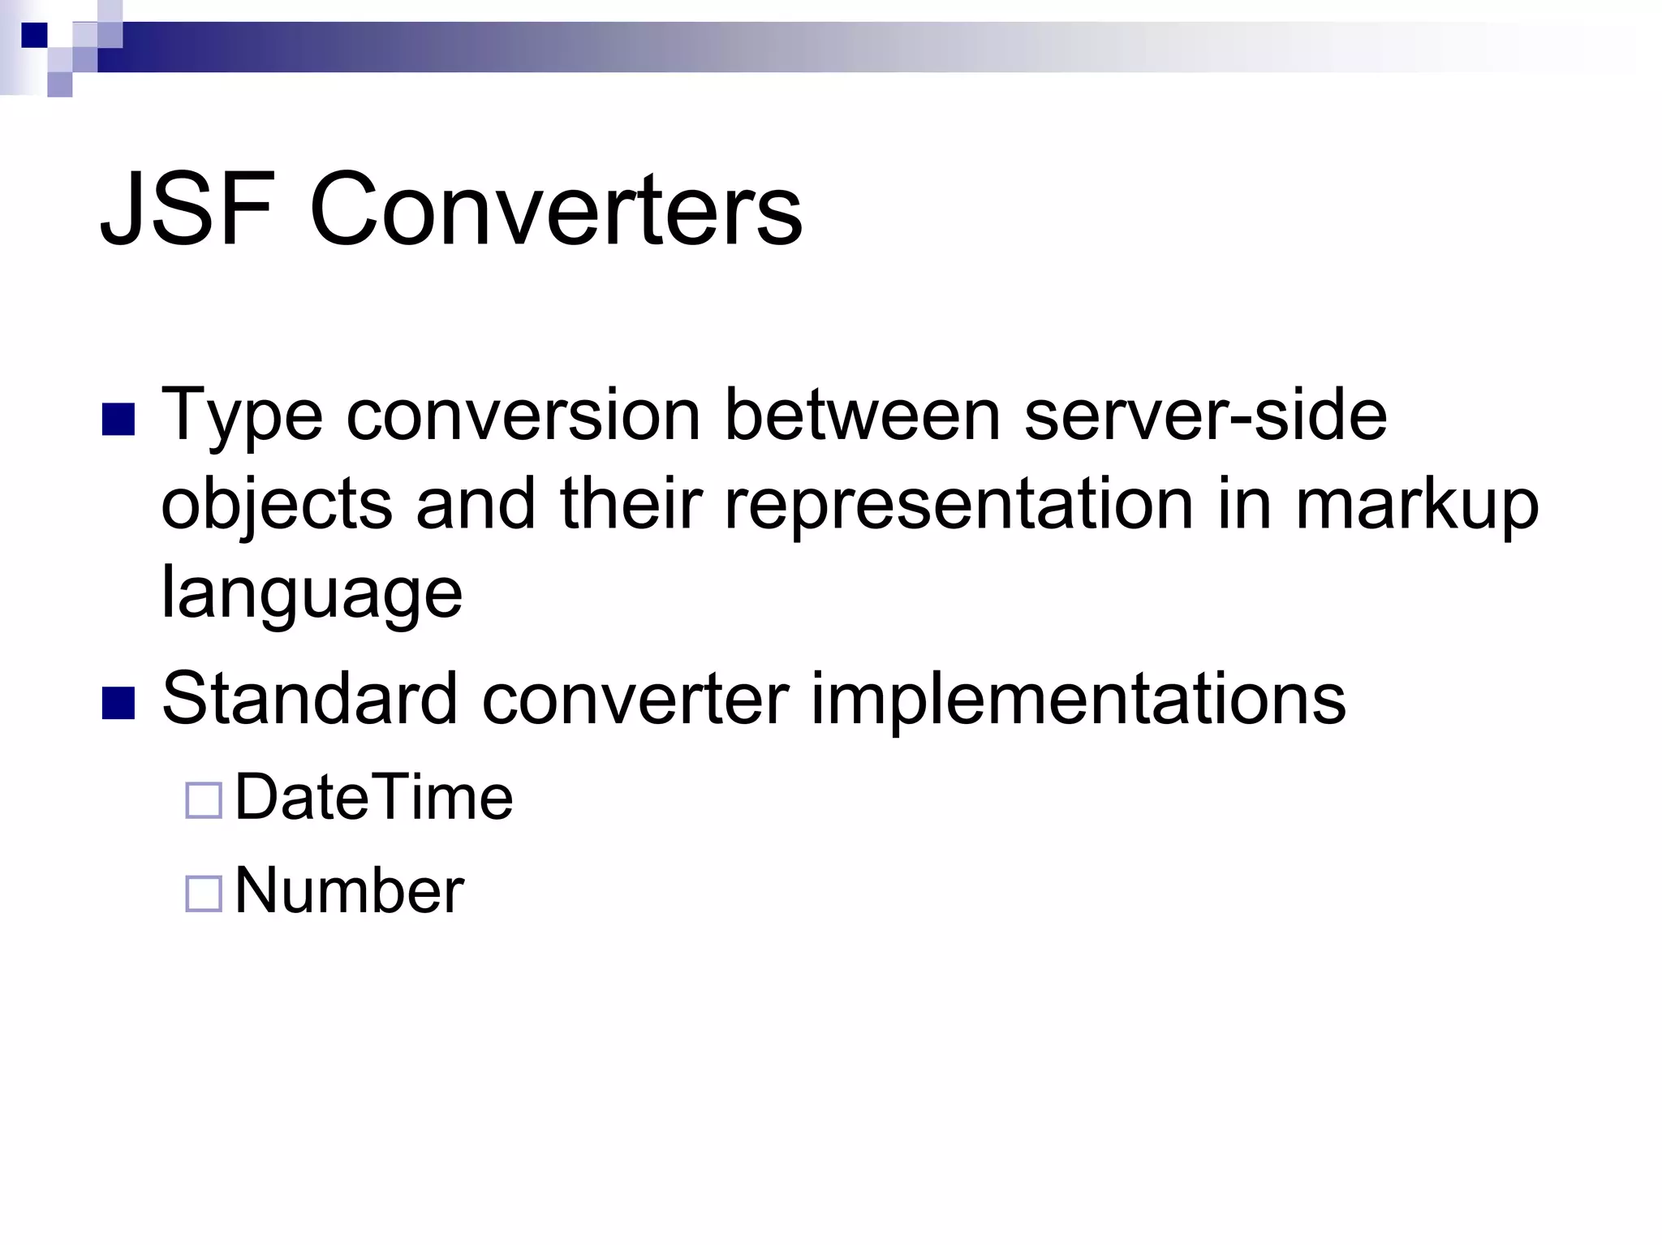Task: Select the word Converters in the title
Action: [556, 209]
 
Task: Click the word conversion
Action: [524, 416]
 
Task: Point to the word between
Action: [862, 416]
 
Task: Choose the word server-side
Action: [1205, 416]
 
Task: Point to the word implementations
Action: [1079, 700]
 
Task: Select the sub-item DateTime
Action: [373, 798]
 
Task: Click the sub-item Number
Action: [349, 891]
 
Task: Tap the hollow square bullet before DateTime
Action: [204, 801]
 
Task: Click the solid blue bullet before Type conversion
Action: [118, 420]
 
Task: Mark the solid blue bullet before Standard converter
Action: [118, 703]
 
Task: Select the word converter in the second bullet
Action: [635, 700]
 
